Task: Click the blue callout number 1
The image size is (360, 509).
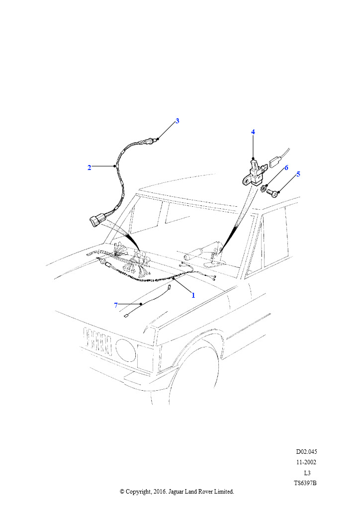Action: [x=193, y=295]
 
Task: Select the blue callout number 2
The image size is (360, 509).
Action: [x=90, y=168]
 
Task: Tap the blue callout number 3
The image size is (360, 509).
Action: [x=177, y=121]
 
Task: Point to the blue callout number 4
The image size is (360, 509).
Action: [x=253, y=132]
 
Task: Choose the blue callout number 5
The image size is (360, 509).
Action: [x=298, y=174]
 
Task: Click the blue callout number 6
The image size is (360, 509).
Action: [x=286, y=168]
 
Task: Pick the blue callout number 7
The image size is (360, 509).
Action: [x=116, y=305]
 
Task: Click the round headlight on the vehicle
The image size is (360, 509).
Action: [x=126, y=350]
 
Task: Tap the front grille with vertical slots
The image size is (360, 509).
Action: [x=98, y=341]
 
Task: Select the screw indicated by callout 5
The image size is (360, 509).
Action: [x=272, y=193]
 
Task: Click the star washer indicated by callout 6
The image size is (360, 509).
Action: [x=264, y=188]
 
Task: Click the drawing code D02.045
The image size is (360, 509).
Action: [x=306, y=451]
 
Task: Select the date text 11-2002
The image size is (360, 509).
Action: [x=306, y=462]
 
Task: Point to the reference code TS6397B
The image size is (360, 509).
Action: [x=305, y=483]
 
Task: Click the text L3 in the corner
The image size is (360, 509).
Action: [x=307, y=473]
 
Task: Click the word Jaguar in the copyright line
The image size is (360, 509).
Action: [x=176, y=492]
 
